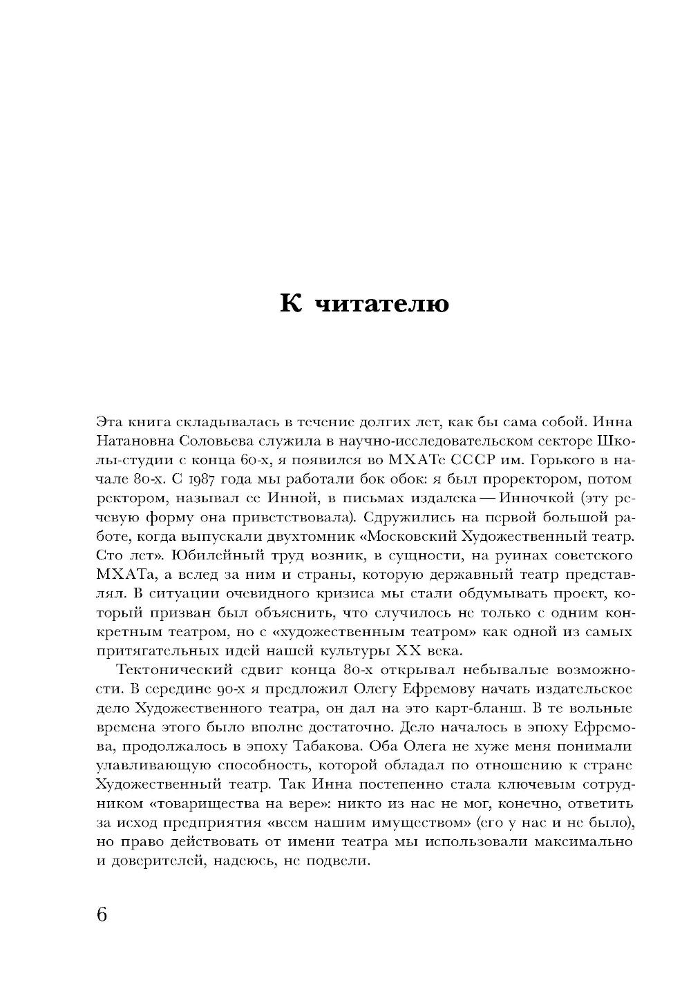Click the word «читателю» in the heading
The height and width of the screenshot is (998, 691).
(x=380, y=304)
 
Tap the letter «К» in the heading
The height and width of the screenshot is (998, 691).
(x=290, y=303)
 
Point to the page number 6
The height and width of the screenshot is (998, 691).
(x=102, y=914)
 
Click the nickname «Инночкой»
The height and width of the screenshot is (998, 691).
(x=515, y=498)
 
